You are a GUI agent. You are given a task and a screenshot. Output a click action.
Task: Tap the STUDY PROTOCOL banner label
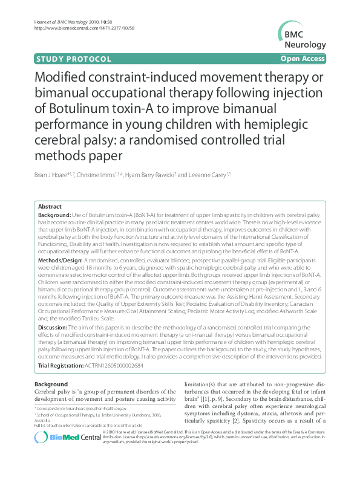[73, 59]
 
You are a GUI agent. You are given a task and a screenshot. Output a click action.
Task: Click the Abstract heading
[50, 206]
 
